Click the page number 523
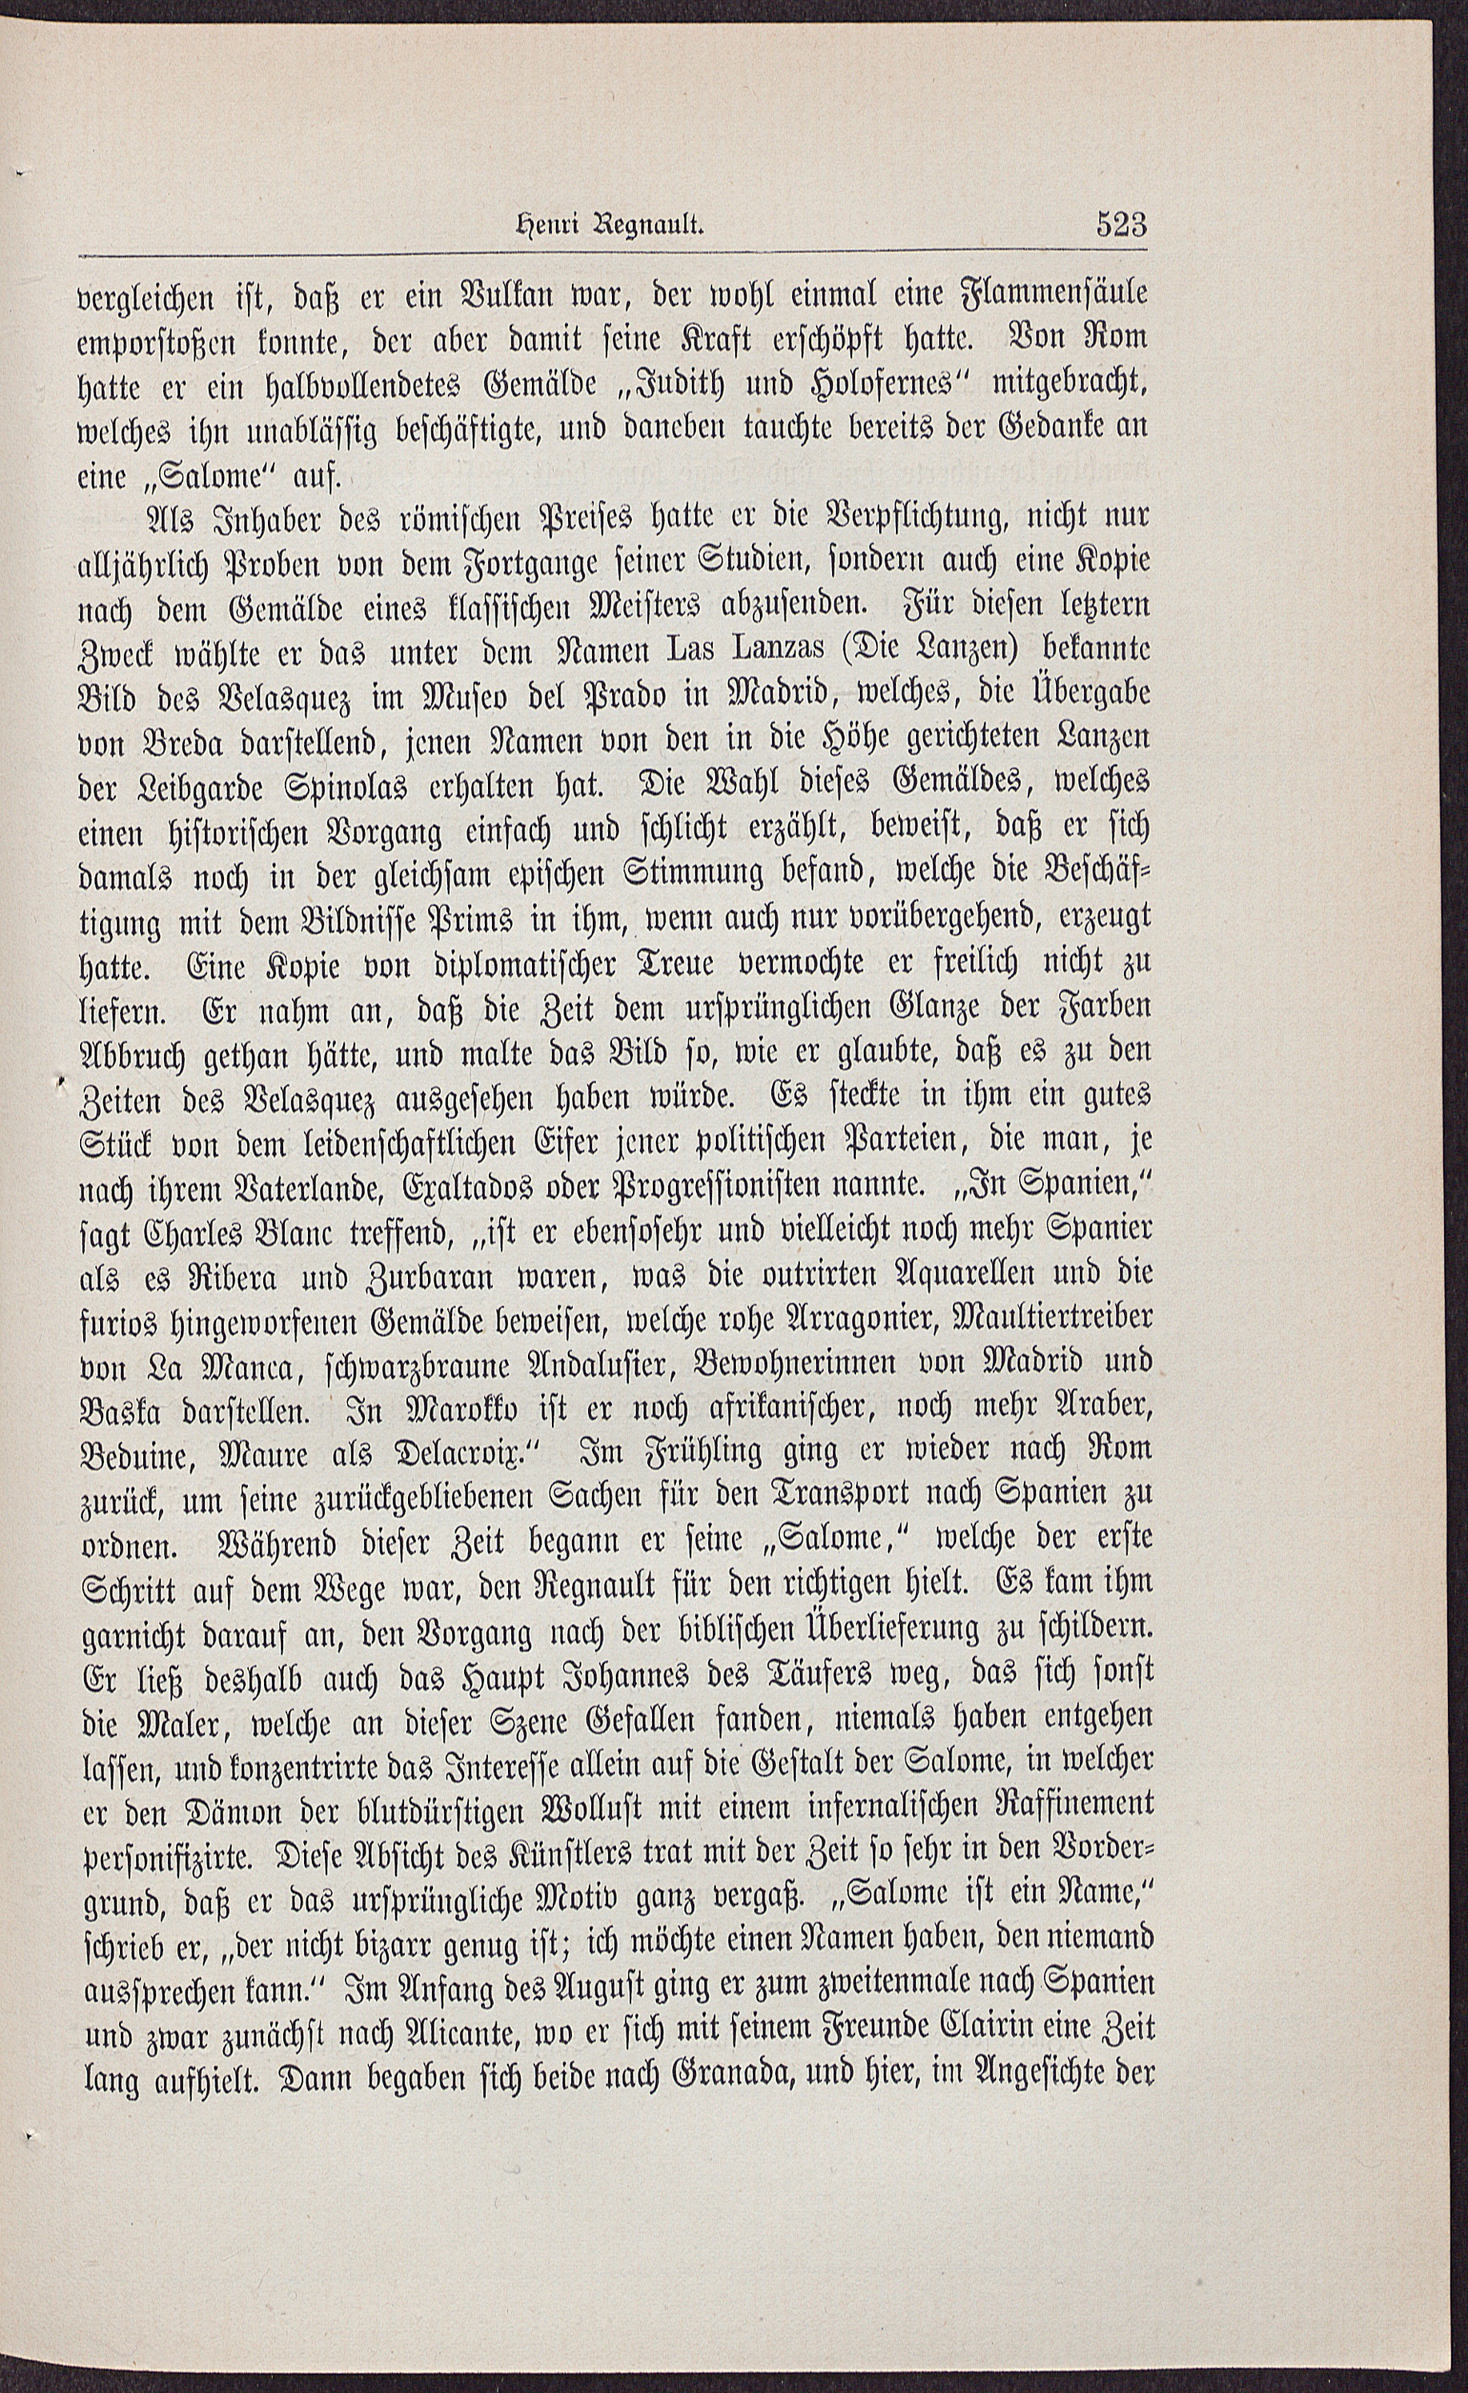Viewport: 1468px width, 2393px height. click(x=1122, y=226)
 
